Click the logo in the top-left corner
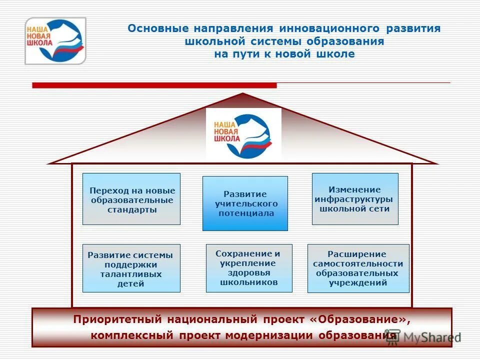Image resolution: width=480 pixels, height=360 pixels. tap(55, 41)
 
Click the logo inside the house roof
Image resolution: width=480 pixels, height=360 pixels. tap(243, 134)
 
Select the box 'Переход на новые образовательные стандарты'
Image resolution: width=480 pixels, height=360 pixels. tap(131, 199)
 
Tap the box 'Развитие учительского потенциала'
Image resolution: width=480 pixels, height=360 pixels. tap(245, 203)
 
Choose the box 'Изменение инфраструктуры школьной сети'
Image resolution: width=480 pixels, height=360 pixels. tap(355, 198)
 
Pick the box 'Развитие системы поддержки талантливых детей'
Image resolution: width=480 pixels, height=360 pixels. tap(131, 268)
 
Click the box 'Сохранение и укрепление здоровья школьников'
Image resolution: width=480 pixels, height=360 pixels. tap(249, 268)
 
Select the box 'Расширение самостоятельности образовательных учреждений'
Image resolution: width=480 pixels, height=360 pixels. tap(358, 268)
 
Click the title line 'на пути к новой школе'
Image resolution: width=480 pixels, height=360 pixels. tap(284, 54)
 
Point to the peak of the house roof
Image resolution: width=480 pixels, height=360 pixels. tap(242, 94)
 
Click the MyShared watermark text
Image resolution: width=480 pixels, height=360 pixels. tap(431, 337)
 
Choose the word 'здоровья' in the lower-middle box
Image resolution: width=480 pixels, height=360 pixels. tap(249, 272)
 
